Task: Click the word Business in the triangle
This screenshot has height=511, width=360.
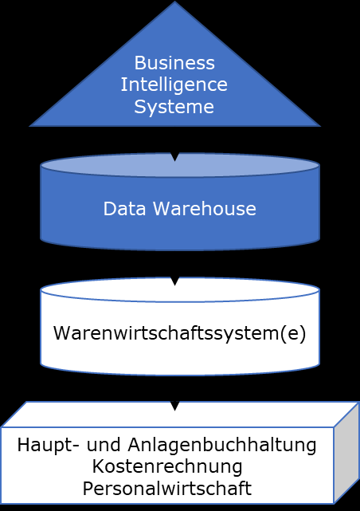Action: pos(174,62)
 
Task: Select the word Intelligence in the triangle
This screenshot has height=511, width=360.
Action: pos(174,85)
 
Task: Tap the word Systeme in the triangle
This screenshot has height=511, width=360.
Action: pos(174,107)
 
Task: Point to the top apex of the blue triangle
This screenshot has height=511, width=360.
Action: pos(174,2)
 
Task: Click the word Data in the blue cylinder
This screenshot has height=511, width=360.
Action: pos(124,209)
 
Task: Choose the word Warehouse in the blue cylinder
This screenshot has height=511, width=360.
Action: pos(205,209)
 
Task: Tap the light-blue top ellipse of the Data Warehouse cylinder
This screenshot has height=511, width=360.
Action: pos(180,165)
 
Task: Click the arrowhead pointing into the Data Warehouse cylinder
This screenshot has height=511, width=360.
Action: pos(174,157)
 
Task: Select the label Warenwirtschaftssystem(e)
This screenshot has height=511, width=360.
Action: pos(180,333)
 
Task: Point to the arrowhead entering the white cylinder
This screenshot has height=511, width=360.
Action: pos(174,281)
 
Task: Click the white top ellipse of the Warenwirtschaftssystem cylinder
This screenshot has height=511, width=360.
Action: pos(180,289)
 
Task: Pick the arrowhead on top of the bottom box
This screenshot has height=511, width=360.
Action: pos(174,406)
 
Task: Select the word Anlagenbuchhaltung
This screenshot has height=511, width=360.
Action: pos(222,446)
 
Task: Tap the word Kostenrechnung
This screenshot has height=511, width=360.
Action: pos(167,466)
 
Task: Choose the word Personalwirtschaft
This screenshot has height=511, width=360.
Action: pos(167,489)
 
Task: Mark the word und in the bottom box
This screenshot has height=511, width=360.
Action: pos(104,445)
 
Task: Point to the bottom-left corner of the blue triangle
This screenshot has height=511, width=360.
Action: pos(30,126)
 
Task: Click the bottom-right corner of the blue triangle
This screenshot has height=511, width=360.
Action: pos(320,126)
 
